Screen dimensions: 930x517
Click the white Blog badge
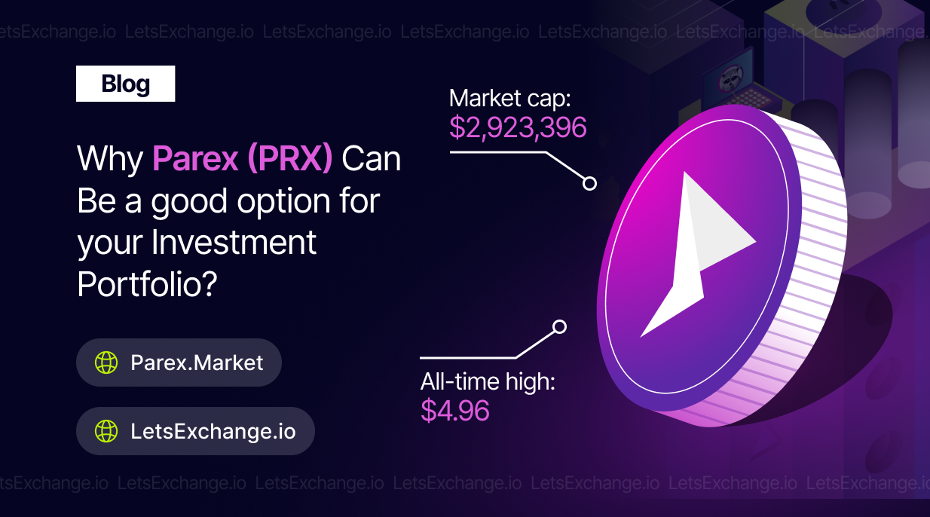coord(125,84)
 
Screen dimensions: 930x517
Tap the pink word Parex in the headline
coord(194,158)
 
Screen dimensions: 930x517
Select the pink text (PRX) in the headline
coord(290,158)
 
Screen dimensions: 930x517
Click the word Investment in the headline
coord(234,242)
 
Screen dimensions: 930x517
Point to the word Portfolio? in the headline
coord(148,284)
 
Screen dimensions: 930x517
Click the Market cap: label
coord(509,99)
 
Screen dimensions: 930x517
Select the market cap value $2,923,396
coord(518,127)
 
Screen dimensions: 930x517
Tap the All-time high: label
coord(488,381)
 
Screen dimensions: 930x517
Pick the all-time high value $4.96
coord(455,410)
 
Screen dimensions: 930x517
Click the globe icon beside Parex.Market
coord(106,363)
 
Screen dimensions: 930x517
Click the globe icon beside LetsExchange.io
coord(106,431)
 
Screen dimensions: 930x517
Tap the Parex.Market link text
coord(197,363)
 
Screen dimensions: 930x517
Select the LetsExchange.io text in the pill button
coord(213,431)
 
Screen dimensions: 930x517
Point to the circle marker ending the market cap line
coord(589,183)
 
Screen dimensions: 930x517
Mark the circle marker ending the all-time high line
coord(560,327)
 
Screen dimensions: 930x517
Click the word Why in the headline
coord(110,159)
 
